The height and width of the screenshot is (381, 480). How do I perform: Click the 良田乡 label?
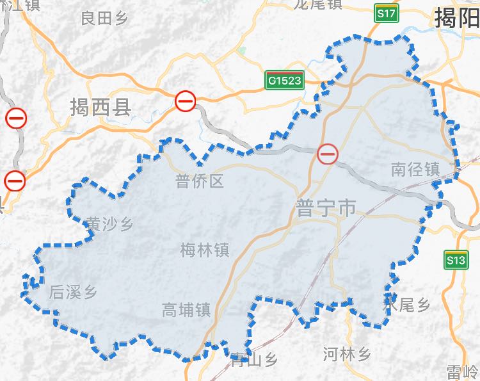click(x=105, y=19)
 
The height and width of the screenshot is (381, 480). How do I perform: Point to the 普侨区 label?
click(x=200, y=182)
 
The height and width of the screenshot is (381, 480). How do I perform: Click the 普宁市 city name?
click(x=326, y=208)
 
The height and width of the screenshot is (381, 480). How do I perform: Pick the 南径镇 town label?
click(x=415, y=170)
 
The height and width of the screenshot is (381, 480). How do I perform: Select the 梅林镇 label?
click(x=205, y=249)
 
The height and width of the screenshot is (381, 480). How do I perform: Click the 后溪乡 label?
click(x=73, y=293)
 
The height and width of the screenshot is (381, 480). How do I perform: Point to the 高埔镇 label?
click(x=187, y=311)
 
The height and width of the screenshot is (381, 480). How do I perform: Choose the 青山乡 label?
click(x=254, y=361)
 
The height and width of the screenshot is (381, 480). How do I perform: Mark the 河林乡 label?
click(x=347, y=353)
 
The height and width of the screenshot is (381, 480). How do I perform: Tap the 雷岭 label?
click(x=463, y=371)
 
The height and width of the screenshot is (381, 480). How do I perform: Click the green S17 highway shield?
click(x=386, y=13)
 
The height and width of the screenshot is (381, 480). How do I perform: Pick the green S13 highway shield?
click(x=456, y=260)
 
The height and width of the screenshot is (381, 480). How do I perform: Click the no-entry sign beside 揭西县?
click(x=186, y=101)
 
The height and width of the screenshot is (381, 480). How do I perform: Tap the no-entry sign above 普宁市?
click(x=328, y=153)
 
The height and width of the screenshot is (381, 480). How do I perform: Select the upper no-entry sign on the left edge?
click(x=16, y=118)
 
